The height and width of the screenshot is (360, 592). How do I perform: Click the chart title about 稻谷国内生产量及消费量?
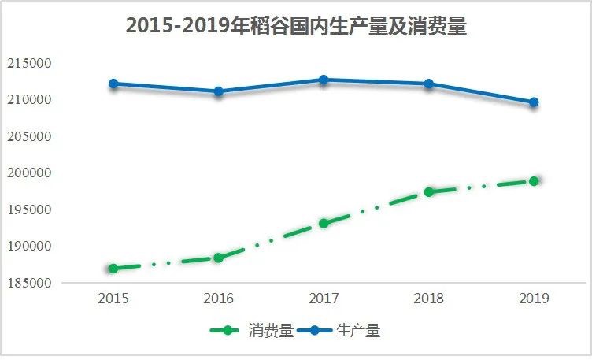coord(296,26)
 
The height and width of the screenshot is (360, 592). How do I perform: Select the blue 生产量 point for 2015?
coord(113,84)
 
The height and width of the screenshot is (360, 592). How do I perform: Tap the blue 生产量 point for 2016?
coord(218,91)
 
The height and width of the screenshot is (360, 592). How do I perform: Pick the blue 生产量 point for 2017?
coord(324,80)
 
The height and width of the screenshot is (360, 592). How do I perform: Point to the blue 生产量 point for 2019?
coord(534,102)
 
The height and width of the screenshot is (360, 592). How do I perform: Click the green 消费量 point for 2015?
coord(113,269)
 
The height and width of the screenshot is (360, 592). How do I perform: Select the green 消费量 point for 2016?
coord(218,258)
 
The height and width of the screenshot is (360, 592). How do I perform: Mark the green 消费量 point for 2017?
coord(324,223)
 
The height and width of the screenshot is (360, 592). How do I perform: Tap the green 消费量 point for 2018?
coord(429,191)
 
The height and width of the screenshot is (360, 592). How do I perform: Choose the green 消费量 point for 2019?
coord(534,181)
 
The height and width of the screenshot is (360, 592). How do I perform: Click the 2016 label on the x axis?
coord(218,299)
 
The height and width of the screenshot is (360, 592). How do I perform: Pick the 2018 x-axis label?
coord(429,299)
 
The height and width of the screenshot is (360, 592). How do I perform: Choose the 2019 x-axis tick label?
coord(534,299)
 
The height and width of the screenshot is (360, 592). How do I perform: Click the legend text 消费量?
coord(270,331)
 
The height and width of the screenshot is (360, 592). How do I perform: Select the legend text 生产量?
coord(358,331)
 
